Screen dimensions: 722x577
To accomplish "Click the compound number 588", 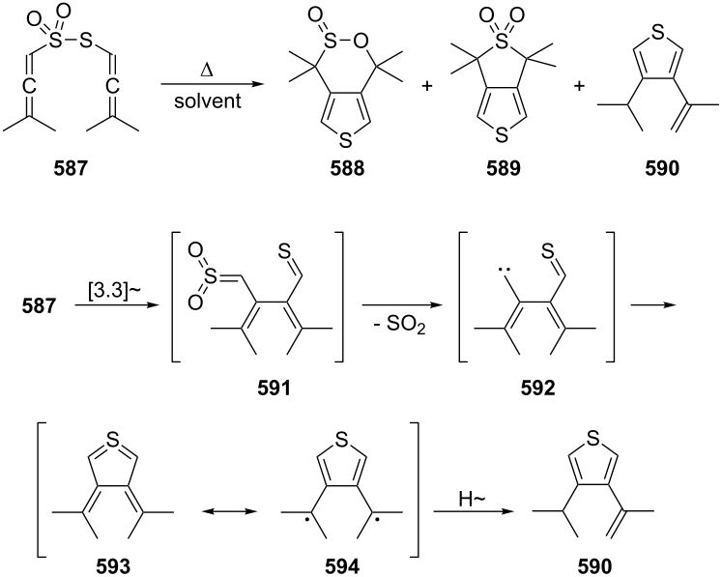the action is pos(347,168).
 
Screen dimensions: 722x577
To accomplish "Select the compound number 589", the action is pos(504,168).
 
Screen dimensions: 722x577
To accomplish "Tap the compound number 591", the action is pos(274,389).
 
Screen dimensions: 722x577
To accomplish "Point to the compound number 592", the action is pos(537,389).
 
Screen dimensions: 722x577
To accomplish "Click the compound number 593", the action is pos(113,566).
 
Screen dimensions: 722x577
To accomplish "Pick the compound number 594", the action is pos(342,566).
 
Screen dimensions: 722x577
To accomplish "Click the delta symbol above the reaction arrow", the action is pos(207,71).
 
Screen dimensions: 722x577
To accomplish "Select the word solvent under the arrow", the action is pos(208,101).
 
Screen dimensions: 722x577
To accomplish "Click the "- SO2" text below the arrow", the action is pos(400,326).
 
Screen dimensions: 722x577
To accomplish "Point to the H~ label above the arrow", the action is pos(472,499).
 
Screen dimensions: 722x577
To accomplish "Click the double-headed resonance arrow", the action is pos(230,511).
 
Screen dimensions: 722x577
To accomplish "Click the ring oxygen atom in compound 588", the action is pos(362,42).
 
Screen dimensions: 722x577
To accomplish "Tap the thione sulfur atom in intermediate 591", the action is pos(285,251).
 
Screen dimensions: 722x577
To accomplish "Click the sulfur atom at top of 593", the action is pos(112,440).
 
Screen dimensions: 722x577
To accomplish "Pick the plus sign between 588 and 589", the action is pos(427,87).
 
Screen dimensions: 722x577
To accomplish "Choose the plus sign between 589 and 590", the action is pos(579,87).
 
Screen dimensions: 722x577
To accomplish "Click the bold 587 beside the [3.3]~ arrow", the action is pos(39,306).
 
